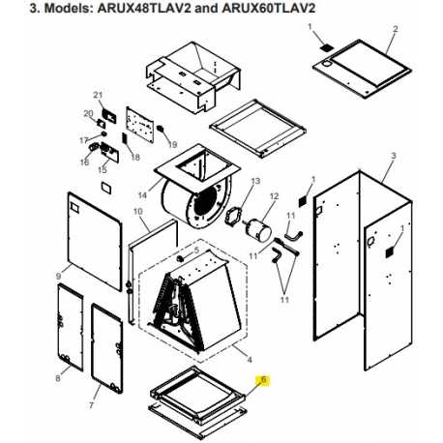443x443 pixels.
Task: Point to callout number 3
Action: [394, 156]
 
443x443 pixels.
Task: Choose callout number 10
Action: [137, 211]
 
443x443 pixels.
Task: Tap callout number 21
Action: [98, 94]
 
